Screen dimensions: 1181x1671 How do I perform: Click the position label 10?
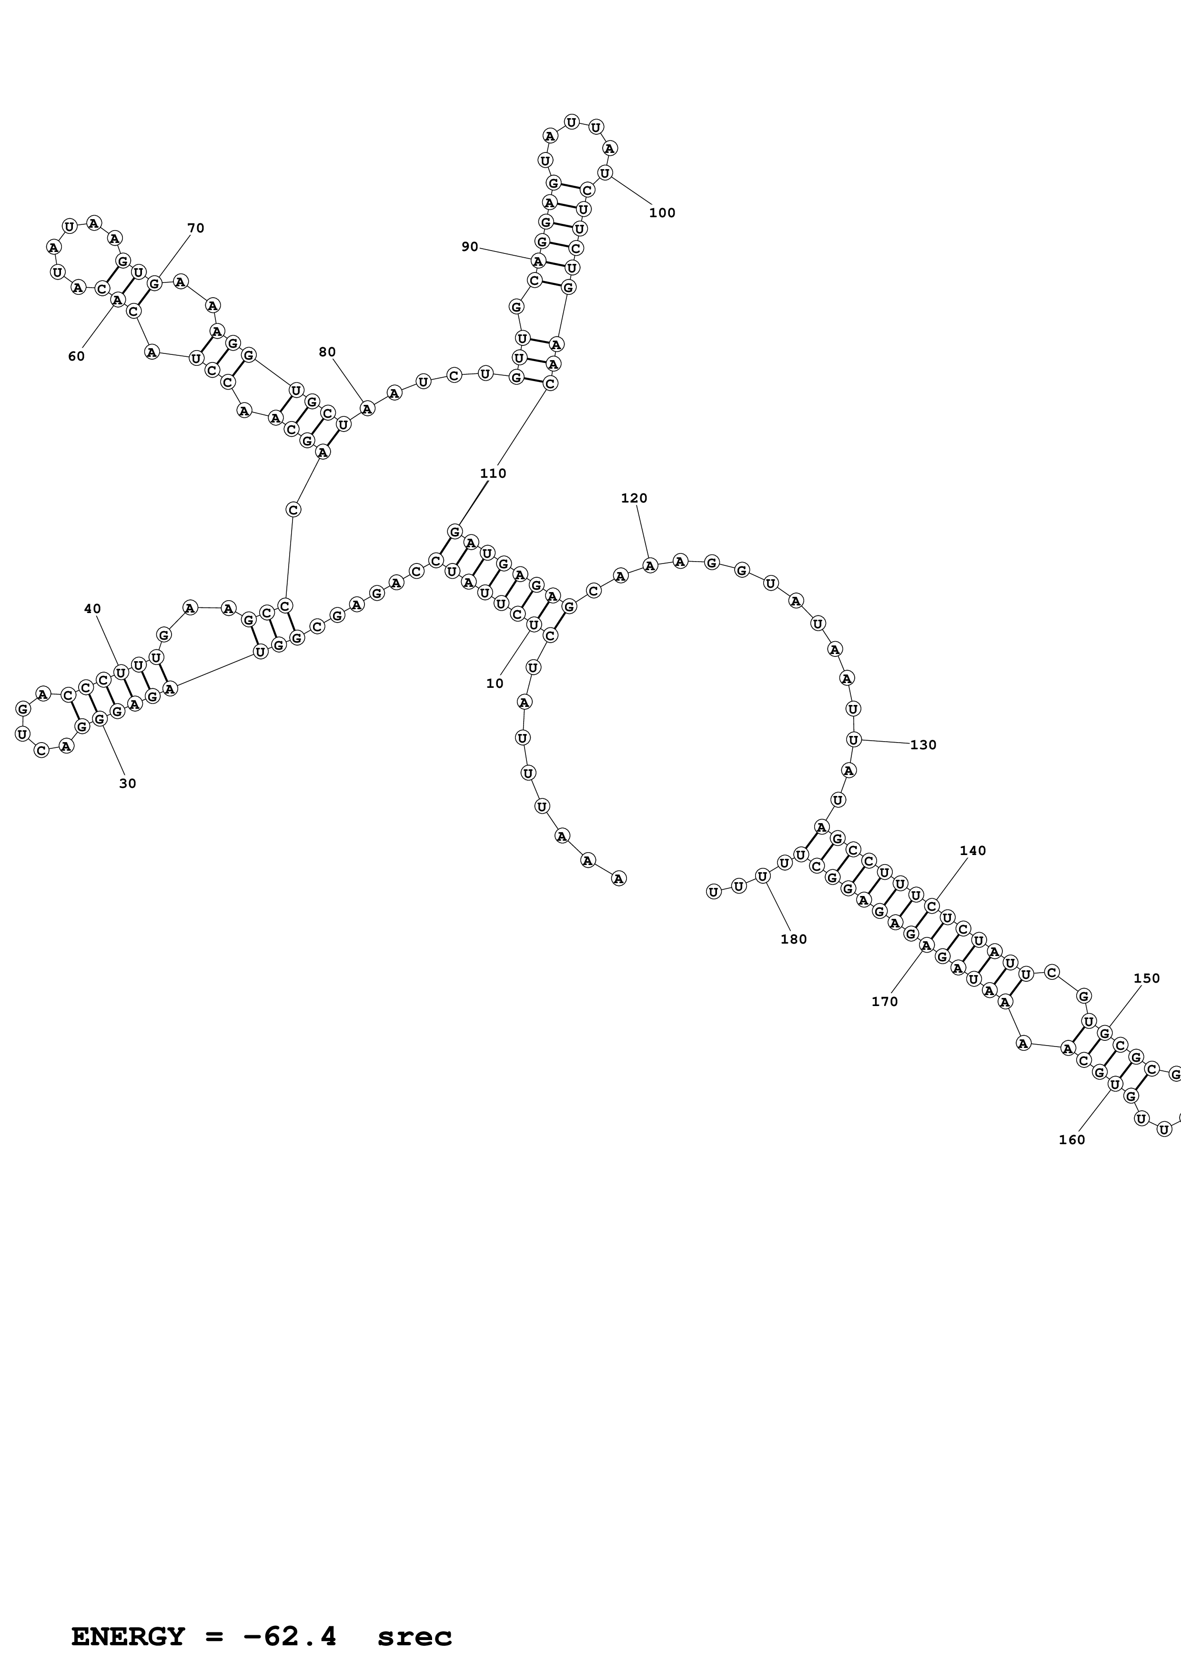(495, 684)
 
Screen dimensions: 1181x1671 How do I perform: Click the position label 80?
(327, 352)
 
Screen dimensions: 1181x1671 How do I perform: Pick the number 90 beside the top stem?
(470, 247)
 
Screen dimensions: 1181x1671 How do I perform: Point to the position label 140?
(973, 851)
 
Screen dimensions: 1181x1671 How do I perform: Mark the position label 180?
(794, 939)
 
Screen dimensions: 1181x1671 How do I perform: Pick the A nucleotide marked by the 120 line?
(650, 565)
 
